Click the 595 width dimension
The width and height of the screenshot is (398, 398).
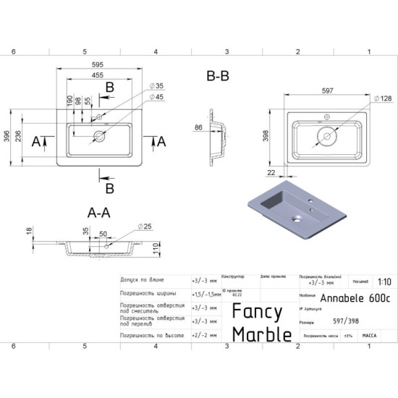coord(109,64)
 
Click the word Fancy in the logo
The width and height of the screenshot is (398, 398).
coord(256,312)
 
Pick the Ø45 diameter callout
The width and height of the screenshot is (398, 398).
coord(159,98)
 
